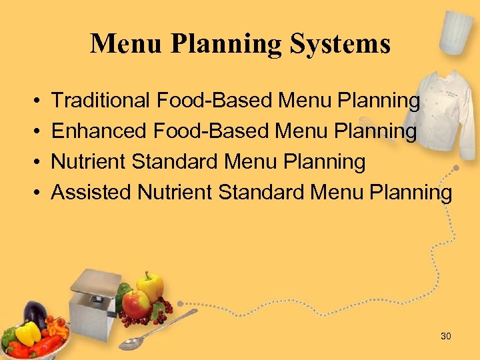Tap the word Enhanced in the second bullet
pos(99,131)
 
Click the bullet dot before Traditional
pos(34,101)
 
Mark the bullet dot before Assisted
pos(34,193)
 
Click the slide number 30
pos(446,336)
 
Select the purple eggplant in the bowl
pos(35,314)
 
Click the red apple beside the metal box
pos(135,304)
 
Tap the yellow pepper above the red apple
pos(151,285)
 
